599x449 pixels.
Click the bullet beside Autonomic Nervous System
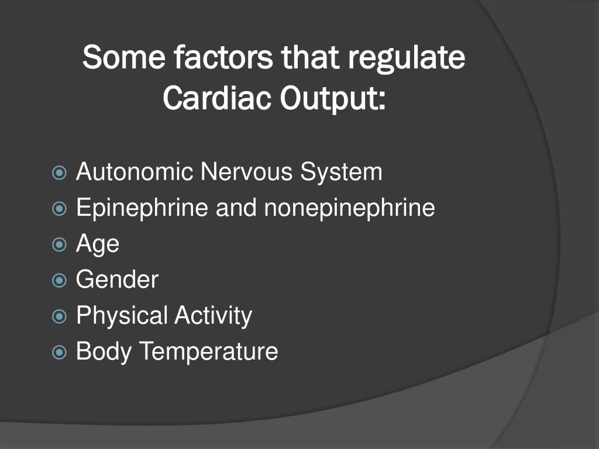59,172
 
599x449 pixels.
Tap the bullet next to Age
59,244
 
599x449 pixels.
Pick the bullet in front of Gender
59,280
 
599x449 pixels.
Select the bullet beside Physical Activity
59,316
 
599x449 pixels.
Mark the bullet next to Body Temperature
59,352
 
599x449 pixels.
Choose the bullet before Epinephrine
59,208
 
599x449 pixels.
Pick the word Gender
117,280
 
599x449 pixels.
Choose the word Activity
213,316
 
